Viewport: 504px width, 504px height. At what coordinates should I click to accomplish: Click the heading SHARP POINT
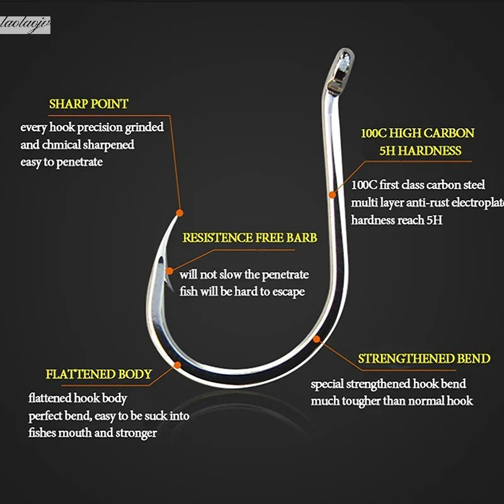pyautogui.click(x=88, y=104)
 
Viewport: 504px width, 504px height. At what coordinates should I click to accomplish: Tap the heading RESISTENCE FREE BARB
pyautogui.click(x=249, y=238)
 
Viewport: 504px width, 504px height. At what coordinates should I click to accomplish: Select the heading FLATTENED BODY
pyautogui.click(x=99, y=374)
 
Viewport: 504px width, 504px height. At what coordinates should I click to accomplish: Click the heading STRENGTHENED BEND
pyautogui.click(x=424, y=359)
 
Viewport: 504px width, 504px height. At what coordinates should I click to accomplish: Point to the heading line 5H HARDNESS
pyautogui.click(x=420, y=151)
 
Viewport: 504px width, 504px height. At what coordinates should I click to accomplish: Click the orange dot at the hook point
pyautogui.click(x=180, y=212)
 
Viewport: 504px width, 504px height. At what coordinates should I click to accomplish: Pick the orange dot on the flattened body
pyautogui.click(x=178, y=364)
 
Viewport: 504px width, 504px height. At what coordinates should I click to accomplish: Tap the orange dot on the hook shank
pyautogui.click(x=333, y=196)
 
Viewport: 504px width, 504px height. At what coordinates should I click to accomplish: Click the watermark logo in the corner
pyautogui.click(x=25, y=25)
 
